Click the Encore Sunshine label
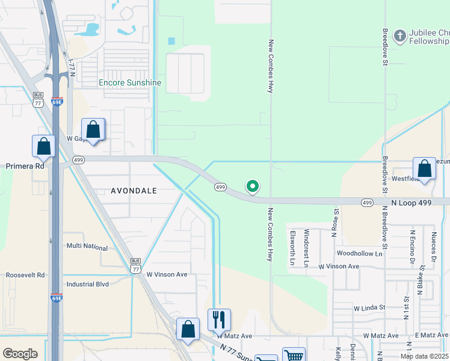tap(130, 82)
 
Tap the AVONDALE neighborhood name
tap(134, 191)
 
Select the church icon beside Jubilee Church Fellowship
tap(399, 35)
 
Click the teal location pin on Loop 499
tap(253, 187)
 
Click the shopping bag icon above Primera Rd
tap(44, 146)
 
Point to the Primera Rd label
tap(25, 166)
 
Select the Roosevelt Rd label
tap(25, 275)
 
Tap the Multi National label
tap(87, 247)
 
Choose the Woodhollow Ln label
tap(359, 254)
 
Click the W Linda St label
tap(369, 307)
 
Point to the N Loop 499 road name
tap(413, 203)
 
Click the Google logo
tap(20, 354)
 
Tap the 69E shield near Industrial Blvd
tap(57, 297)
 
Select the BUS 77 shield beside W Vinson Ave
tap(137, 266)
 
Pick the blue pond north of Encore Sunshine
tap(93, 29)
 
